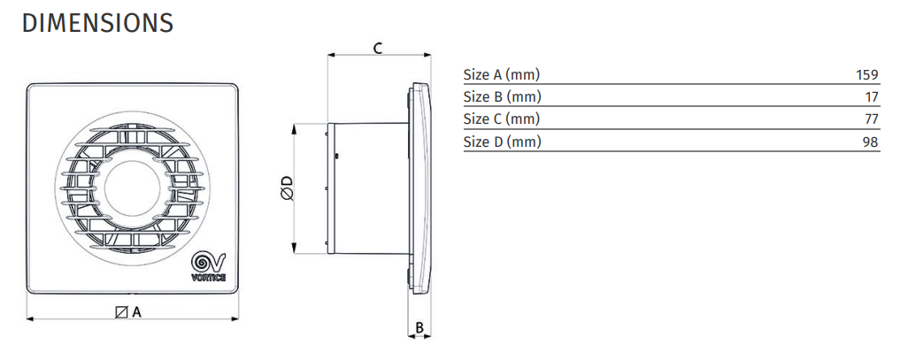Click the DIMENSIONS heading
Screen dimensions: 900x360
point(97,23)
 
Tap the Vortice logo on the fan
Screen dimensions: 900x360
point(208,266)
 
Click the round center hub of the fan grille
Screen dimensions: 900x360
point(133,188)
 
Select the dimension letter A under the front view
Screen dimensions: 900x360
point(136,312)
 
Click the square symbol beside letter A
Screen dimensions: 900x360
point(121,312)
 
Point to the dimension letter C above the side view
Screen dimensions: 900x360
point(378,48)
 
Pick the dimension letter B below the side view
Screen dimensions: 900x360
point(419,328)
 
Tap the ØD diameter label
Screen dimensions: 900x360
point(287,188)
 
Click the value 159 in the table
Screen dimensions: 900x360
point(866,74)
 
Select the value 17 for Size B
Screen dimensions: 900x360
point(872,97)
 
